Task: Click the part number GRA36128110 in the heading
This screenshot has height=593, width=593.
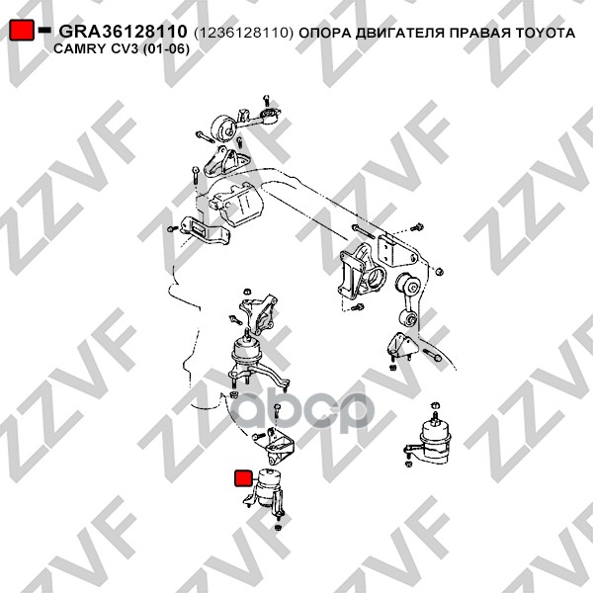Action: [123, 32]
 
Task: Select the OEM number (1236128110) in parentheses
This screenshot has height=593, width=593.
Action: [243, 34]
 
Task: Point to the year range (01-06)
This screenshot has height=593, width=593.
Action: [166, 49]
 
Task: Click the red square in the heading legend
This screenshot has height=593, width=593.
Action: [21, 31]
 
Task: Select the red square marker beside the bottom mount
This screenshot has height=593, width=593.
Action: [243, 478]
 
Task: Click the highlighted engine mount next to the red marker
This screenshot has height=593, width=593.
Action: [265, 490]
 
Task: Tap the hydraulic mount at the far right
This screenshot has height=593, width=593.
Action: [429, 441]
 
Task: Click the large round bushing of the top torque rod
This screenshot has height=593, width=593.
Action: [223, 128]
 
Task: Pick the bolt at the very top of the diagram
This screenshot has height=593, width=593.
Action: [266, 101]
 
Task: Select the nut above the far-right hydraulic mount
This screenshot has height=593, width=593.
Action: [436, 404]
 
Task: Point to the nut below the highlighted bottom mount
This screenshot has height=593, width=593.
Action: [278, 528]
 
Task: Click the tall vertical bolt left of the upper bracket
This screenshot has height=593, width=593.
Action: [195, 175]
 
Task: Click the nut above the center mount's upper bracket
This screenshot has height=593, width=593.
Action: [246, 292]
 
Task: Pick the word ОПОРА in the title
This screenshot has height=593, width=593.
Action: [320, 33]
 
